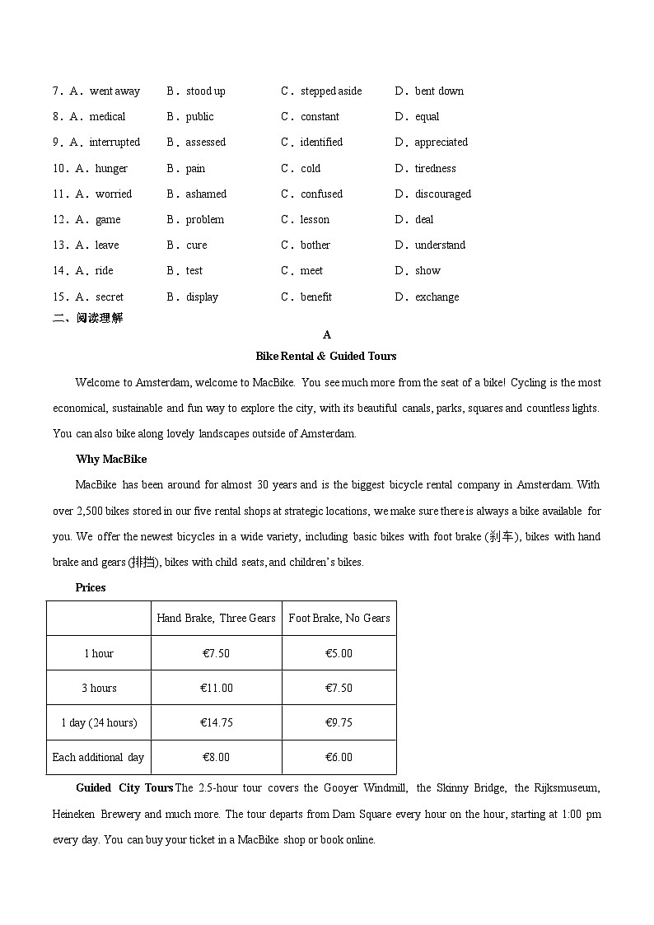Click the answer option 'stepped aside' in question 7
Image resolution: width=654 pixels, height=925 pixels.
(330, 91)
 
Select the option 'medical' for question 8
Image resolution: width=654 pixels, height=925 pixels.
(107, 117)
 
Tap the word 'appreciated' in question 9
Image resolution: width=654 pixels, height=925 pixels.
(441, 142)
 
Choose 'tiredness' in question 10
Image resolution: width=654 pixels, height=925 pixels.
(435, 169)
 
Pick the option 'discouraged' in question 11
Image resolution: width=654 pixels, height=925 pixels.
(442, 194)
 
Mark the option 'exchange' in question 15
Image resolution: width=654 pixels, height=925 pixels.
(437, 297)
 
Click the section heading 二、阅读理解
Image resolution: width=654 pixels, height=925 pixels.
(88, 318)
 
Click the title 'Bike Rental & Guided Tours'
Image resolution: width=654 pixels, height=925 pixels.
(326, 357)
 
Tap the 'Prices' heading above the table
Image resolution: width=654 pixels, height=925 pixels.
(91, 587)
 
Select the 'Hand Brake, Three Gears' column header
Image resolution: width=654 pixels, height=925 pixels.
(216, 619)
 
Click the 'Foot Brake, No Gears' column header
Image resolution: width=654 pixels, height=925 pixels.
(339, 619)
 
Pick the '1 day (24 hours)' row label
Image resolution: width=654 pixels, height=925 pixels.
(99, 723)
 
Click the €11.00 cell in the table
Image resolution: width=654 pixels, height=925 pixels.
(217, 689)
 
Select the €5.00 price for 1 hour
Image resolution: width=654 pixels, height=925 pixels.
(339, 653)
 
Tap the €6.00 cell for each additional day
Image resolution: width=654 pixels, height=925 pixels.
(339, 758)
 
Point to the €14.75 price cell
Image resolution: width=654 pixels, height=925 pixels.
(217, 723)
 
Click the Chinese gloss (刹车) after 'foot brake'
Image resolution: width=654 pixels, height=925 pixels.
(502, 537)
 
